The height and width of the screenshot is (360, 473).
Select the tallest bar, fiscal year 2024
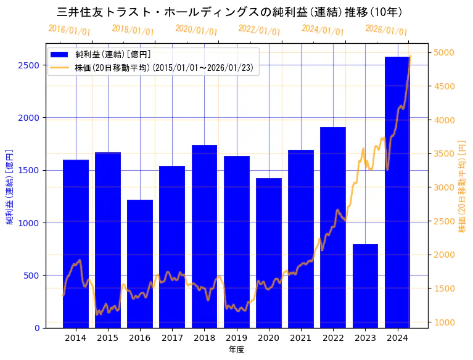397,192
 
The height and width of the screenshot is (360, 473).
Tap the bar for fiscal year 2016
140,263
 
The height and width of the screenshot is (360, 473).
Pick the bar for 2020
269,253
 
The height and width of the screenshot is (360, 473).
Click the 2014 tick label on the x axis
76,338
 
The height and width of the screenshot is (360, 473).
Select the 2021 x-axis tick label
301,338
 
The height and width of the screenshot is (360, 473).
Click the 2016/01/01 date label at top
69,30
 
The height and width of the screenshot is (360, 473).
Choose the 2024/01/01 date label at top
323,30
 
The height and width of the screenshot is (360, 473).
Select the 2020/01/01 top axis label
196,30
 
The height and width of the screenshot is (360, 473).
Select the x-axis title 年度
236,350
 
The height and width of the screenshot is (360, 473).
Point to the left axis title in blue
10,186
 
